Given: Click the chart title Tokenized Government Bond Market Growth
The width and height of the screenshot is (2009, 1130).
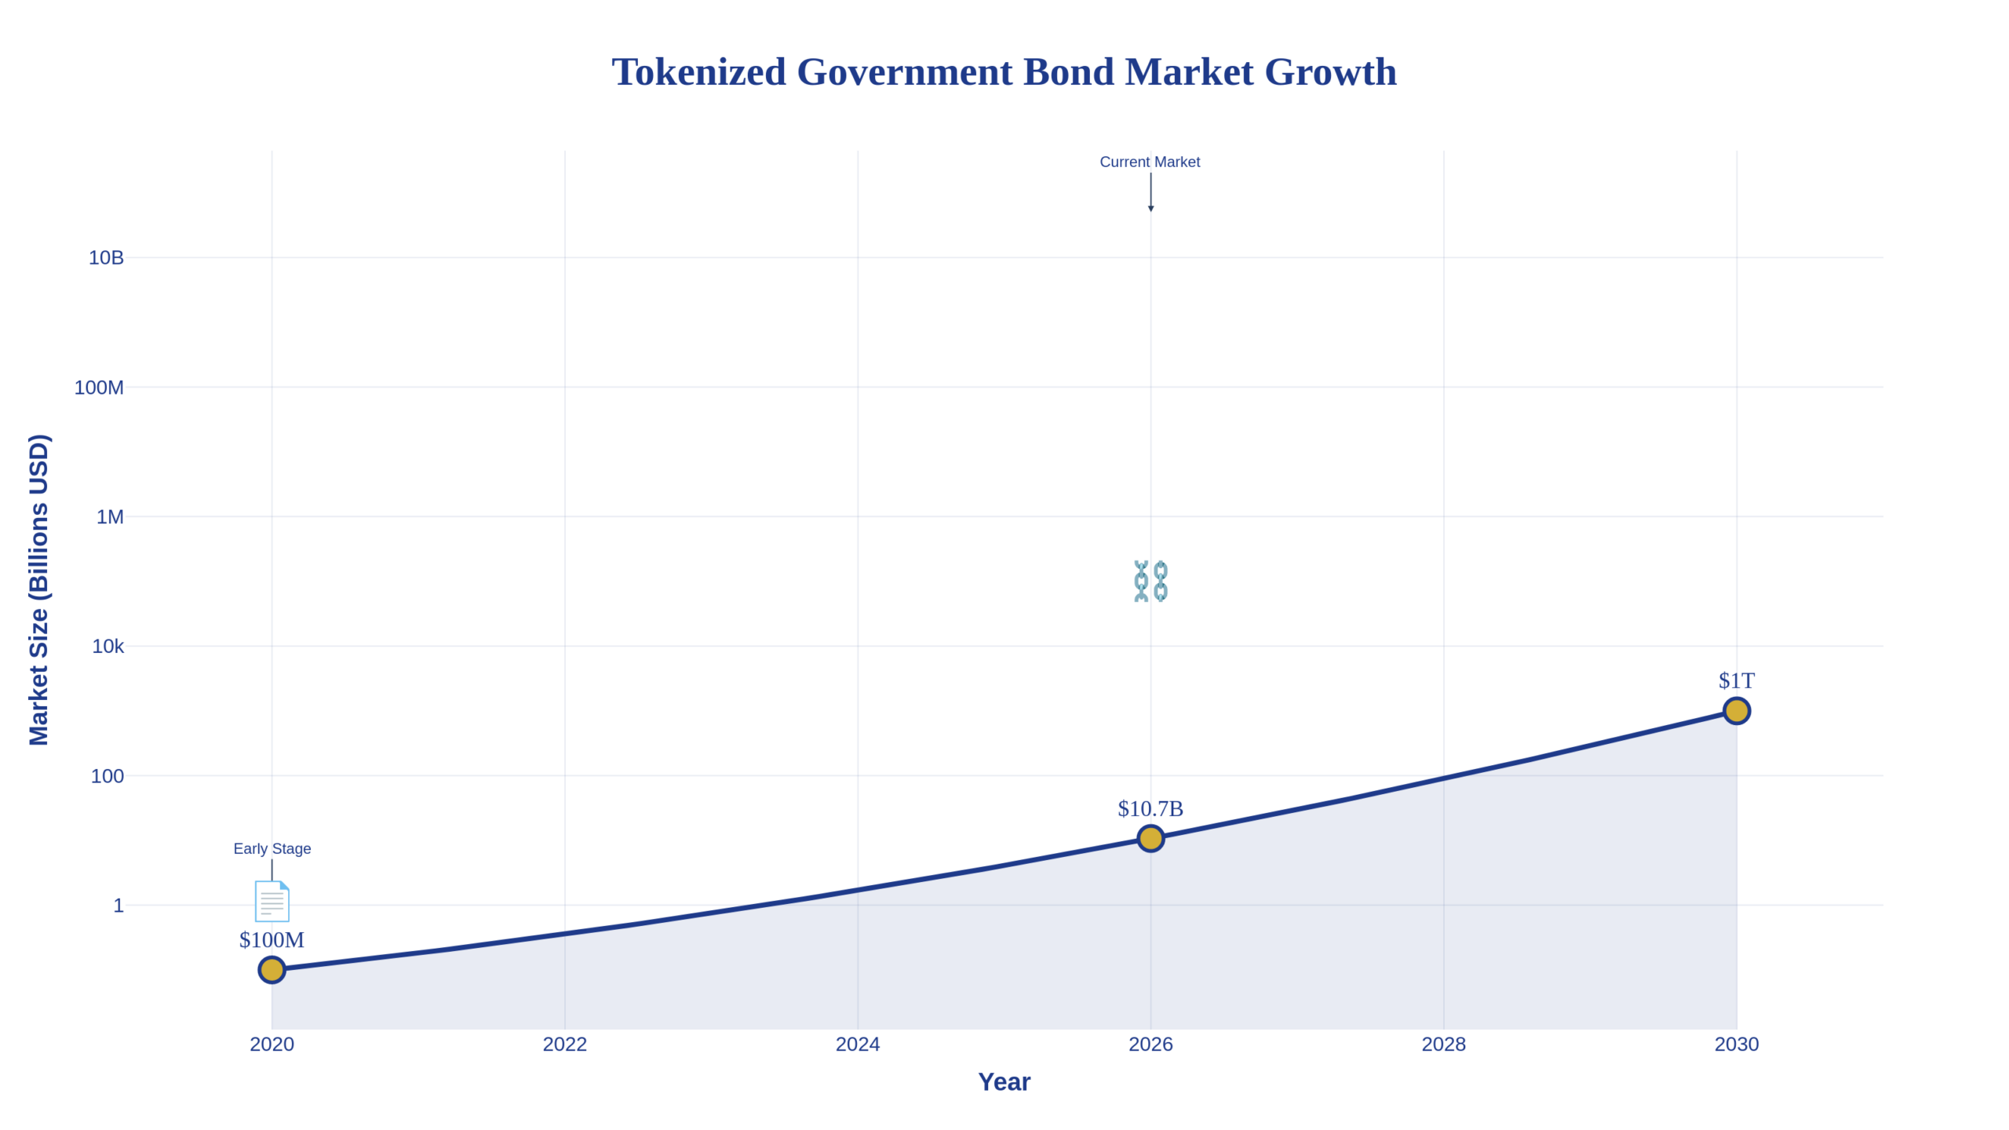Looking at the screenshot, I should tap(1004, 72).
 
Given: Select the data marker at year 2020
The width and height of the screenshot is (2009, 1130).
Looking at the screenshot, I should tap(272, 969).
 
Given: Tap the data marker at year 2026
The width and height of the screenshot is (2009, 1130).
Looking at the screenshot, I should tap(1150, 838).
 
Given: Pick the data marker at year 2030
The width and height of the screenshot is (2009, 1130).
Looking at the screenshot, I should tap(1736, 710).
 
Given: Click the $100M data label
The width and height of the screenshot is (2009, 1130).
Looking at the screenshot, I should tap(272, 939).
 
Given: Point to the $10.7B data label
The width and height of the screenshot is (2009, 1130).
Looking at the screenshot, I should tap(1150, 808).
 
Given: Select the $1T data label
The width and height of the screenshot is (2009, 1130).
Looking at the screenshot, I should tap(1736, 680).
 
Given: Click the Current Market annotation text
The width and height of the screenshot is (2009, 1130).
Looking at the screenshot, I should tap(1150, 162).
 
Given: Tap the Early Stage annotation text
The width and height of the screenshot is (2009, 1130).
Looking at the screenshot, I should tap(272, 848).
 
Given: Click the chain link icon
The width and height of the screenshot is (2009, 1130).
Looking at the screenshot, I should tap(1150, 581).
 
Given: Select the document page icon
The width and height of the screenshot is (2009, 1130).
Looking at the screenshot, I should tap(272, 901).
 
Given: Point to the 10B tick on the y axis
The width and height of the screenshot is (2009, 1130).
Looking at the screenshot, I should tap(106, 257).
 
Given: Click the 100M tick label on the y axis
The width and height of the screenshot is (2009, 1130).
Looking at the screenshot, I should tap(99, 387).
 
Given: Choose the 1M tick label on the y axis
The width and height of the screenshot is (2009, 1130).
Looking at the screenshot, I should tap(110, 516).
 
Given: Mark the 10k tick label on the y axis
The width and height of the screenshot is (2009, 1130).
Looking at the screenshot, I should tap(108, 646).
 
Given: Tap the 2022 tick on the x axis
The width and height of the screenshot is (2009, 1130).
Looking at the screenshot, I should tap(564, 1044).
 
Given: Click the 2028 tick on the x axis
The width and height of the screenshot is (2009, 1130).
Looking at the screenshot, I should tap(1443, 1044).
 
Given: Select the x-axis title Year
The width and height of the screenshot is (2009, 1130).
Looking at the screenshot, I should tap(1004, 1081).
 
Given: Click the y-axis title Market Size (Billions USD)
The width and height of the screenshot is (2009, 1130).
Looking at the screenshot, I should tap(38, 589).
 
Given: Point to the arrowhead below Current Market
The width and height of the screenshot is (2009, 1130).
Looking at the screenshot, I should tap(1150, 208).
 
